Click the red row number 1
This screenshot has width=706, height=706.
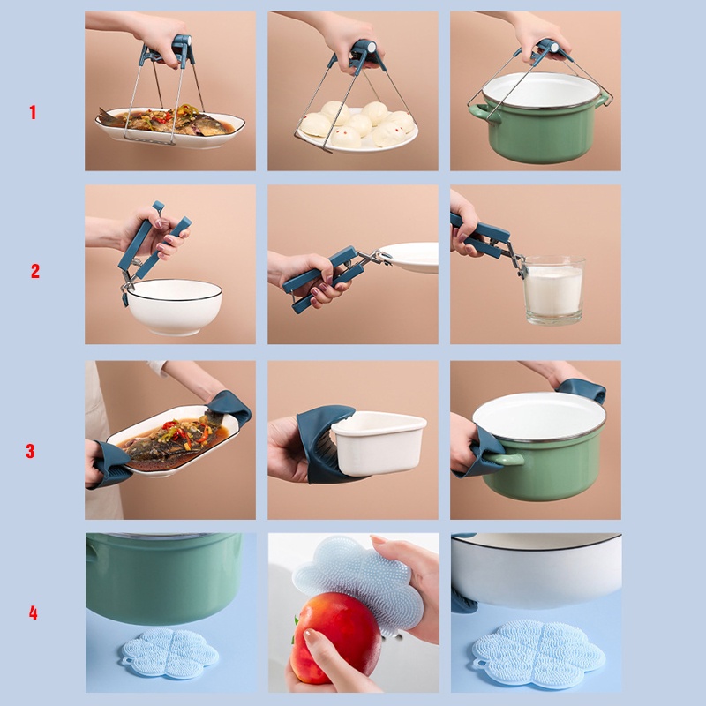(33, 112)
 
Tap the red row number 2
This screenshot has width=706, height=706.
(35, 271)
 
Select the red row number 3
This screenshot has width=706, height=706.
(30, 451)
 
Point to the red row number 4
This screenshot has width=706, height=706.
(33, 612)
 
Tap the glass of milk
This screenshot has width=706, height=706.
(553, 290)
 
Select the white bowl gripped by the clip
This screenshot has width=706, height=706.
(174, 306)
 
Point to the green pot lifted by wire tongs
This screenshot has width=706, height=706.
(538, 118)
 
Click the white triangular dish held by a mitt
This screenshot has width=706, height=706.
(379, 443)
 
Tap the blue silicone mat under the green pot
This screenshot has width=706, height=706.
(169, 653)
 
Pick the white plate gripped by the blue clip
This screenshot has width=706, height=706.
(409, 257)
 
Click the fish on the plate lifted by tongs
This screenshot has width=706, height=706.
(167, 120)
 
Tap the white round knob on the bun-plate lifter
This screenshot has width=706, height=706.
(372, 47)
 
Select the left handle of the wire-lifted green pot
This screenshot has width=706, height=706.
(483, 113)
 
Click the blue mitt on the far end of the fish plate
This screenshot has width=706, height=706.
(229, 409)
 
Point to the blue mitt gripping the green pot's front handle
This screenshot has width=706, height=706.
(485, 453)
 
